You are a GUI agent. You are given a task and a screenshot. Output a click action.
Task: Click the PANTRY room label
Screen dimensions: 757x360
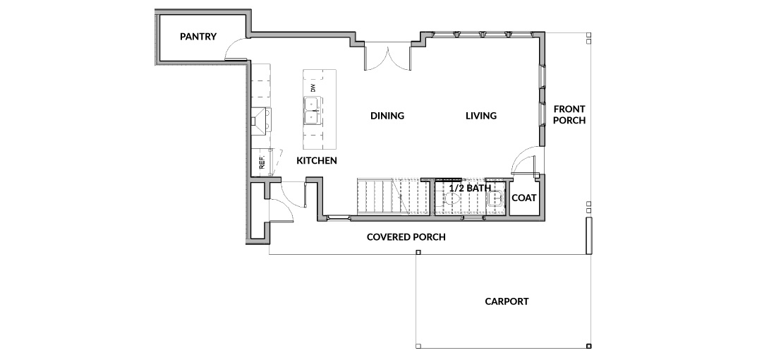click(198, 36)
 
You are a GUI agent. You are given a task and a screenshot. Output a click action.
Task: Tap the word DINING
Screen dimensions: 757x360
click(387, 116)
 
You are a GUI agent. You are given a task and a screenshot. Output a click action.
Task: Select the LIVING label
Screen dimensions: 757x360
click(481, 116)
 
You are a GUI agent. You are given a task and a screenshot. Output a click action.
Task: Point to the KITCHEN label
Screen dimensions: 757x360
click(317, 160)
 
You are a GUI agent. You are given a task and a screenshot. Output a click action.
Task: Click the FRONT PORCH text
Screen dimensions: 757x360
click(569, 114)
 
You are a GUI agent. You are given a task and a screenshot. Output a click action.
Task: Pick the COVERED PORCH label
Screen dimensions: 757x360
click(406, 236)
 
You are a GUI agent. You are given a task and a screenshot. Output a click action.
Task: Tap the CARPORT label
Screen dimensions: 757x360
click(507, 301)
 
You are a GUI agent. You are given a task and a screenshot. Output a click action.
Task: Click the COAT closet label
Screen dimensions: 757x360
click(523, 198)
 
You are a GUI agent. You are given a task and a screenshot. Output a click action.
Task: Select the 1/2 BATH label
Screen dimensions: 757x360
click(470, 188)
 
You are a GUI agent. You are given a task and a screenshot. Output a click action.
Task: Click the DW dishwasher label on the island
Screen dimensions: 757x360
click(313, 88)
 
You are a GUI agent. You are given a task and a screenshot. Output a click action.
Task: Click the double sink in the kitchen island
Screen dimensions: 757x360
click(313, 110)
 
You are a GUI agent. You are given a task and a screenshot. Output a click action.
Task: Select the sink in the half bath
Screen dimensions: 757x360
click(495, 198)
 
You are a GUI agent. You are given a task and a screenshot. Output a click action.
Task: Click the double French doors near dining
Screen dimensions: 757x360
click(387, 57)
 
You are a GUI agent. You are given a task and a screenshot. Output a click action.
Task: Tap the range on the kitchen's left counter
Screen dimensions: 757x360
click(261, 121)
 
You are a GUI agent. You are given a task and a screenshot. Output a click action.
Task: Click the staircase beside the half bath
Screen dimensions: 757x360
click(393, 197)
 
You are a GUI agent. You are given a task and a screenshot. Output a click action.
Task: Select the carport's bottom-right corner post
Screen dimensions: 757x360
click(588, 346)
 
